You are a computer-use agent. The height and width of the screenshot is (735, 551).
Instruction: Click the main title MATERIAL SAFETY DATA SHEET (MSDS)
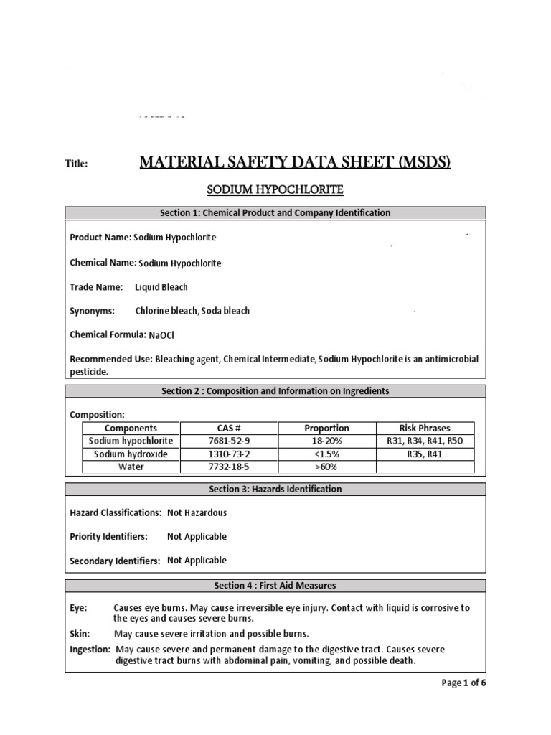(x=295, y=163)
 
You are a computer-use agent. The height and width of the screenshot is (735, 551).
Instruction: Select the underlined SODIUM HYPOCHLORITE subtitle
(x=275, y=190)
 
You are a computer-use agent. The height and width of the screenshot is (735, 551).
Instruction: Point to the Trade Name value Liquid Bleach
(x=161, y=287)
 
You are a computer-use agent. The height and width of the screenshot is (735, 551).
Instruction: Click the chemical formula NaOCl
(x=161, y=335)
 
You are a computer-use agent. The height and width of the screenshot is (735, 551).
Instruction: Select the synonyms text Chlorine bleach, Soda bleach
(x=192, y=312)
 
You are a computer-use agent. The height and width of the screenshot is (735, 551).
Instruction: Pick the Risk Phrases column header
(x=425, y=429)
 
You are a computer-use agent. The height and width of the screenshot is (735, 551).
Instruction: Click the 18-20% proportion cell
(x=326, y=441)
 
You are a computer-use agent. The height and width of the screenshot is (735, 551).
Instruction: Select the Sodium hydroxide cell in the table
(x=131, y=454)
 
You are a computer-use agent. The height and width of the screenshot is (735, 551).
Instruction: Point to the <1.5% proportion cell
(x=326, y=454)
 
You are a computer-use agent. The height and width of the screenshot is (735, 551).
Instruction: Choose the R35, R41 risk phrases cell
(x=425, y=454)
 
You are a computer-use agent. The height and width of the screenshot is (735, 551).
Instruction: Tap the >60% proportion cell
(x=326, y=467)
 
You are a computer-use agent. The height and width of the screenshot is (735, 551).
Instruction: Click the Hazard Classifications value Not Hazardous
(x=197, y=513)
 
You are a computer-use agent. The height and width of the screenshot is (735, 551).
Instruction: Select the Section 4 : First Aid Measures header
(x=275, y=586)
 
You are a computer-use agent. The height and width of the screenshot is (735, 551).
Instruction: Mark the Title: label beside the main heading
(x=76, y=164)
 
